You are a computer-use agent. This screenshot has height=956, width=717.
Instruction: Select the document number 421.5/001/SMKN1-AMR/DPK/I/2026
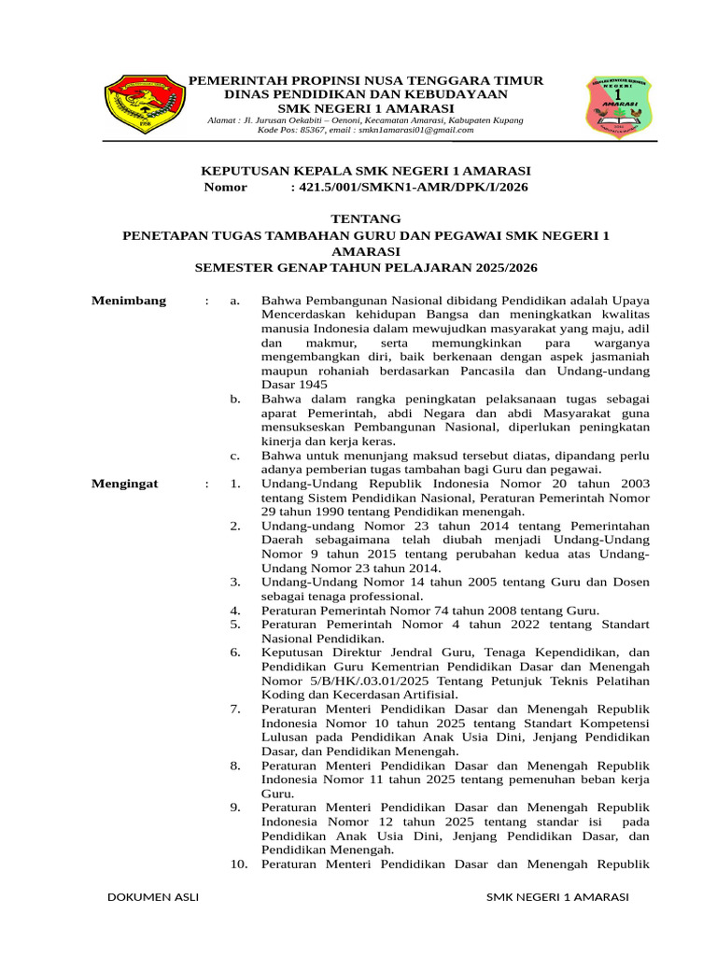point(409,187)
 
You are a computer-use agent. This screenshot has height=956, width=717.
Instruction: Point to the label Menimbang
point(129,300)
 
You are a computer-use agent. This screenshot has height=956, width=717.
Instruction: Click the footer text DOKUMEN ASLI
point(153,897)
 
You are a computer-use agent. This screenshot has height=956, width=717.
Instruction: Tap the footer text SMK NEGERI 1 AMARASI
point(558,897)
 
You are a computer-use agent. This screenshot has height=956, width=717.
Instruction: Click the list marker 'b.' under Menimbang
point(235,399)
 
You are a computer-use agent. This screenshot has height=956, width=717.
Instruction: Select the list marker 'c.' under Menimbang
point(235,456)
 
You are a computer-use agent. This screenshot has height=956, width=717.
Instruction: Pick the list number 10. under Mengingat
point(238,865)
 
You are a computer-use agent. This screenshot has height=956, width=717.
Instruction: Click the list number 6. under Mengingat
point(235,652)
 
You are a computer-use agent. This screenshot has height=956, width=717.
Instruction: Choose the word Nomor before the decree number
point(225,187)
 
